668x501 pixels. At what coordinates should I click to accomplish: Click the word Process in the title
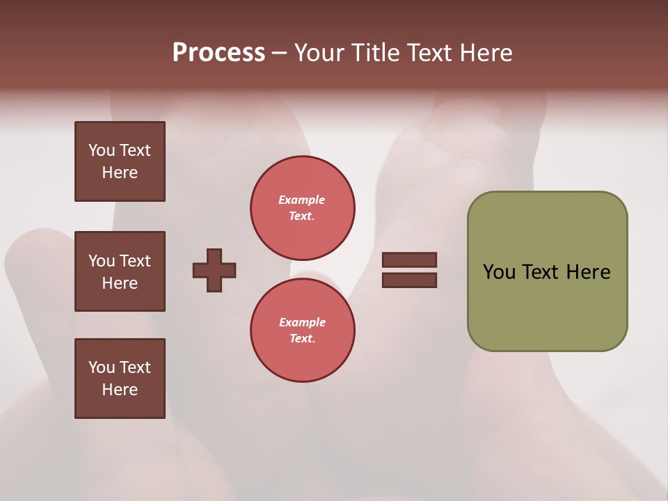[x=218, y=53]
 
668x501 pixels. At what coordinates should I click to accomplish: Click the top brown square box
[x=120, y=161]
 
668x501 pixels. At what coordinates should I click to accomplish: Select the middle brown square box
[x=120, y=271]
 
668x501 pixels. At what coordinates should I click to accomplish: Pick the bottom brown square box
[x=120, y=379]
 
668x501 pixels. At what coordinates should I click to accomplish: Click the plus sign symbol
[x=214, y=270]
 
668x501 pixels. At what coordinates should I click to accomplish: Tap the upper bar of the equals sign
[x=409, y=260]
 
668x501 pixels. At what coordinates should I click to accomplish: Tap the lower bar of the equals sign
[x=409, y=280]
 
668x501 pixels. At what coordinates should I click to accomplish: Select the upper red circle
[x=302, y=208]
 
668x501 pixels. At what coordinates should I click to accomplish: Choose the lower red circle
[x=302, y=330]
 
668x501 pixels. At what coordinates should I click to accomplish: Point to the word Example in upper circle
[x=302, y=200]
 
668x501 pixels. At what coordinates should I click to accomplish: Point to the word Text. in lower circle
[x=302, y=338]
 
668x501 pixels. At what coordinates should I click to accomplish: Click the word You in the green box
[x=499, y=272]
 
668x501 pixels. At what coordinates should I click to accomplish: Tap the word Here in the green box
[x=588, y=272]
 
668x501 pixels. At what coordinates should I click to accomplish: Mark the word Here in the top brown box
[x=120, y=173]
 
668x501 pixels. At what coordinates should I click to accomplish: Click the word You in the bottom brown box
[x=102, y=367]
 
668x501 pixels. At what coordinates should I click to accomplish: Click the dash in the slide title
[x=280, y=53]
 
